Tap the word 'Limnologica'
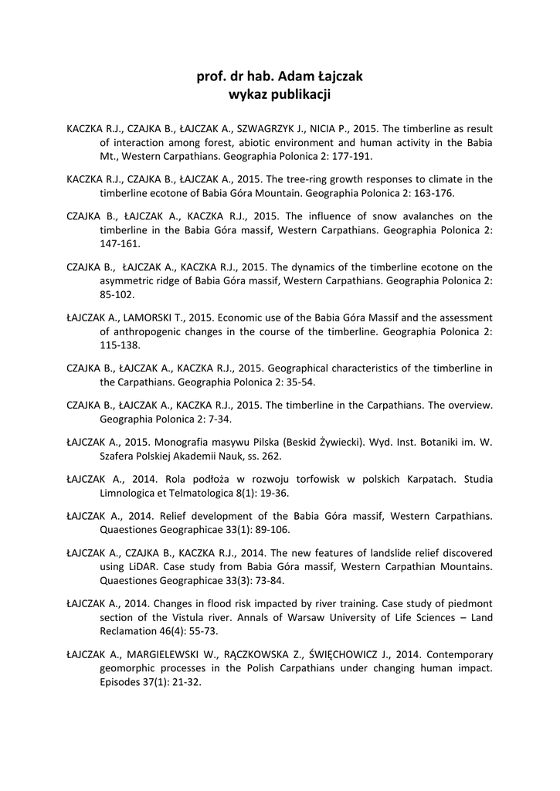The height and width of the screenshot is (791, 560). click(x=137, y=494)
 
